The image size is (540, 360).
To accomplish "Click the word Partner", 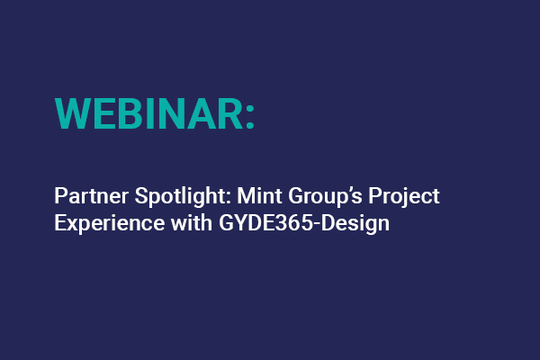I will [x=85, y=197].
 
